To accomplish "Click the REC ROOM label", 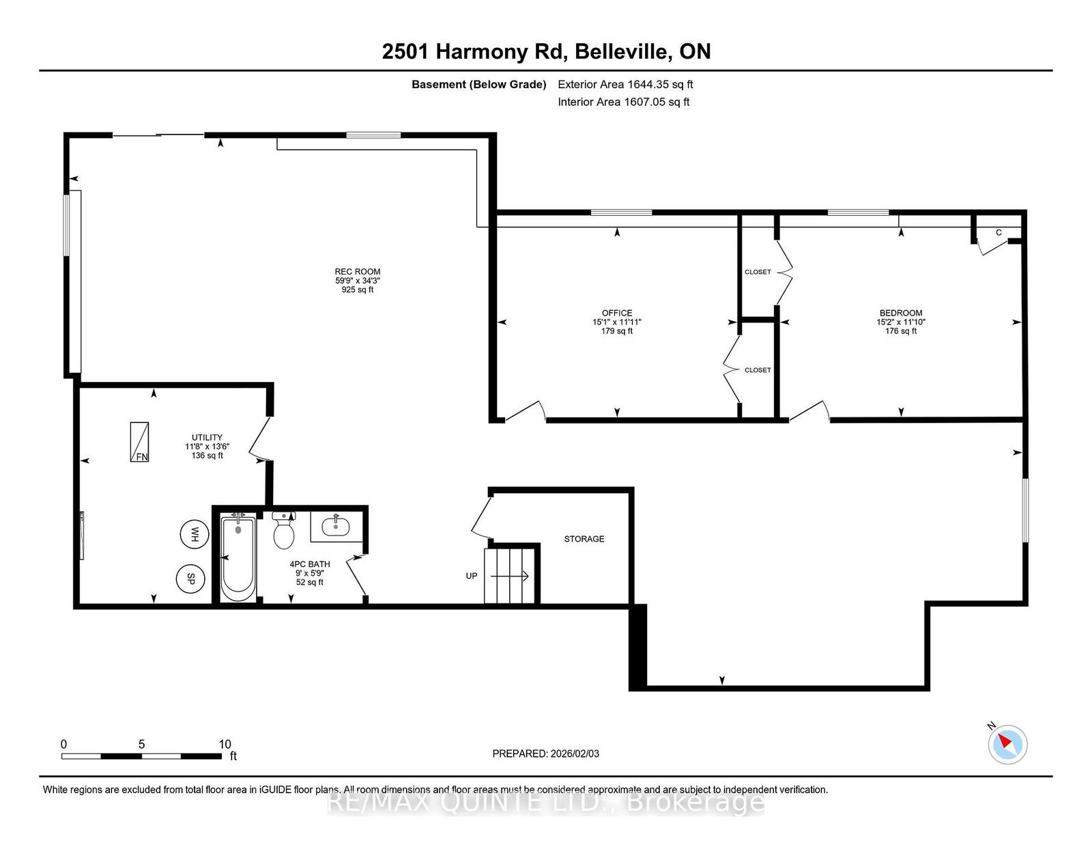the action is (358, 272).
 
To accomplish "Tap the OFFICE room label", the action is (616, 313).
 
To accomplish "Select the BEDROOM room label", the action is (900, 313).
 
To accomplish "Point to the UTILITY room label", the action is (207, 438).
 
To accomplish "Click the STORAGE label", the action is (584, 539).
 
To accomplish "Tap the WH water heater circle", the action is (195, 534).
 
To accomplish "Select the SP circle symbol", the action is (191, 579).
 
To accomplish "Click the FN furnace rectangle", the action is (139, 441).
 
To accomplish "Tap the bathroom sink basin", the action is (336, 527).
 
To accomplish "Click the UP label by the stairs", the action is (472, 576).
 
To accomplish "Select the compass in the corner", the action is (1007, 745).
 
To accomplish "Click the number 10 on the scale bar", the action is (225, 744).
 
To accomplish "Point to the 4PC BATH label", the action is (310, 564).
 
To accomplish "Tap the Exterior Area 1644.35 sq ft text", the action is (625, 85).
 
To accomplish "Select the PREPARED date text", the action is (546, 754).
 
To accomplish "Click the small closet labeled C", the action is (999, 232).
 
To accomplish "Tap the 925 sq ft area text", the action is (358, 290).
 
